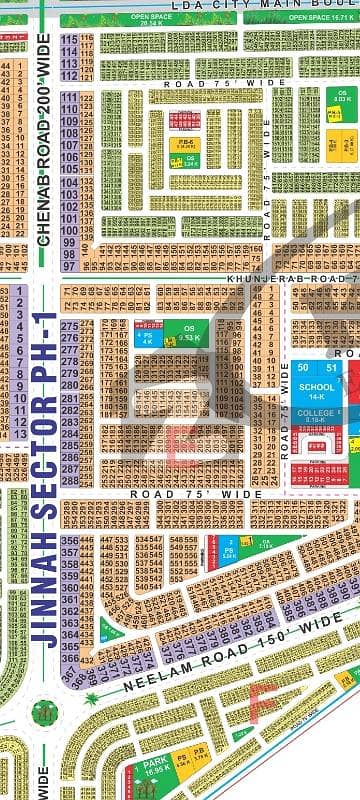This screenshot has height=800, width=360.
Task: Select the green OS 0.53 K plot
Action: coord(186,334)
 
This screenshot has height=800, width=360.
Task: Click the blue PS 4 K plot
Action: coord(144,337)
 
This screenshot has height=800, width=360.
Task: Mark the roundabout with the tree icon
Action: coord(44,713)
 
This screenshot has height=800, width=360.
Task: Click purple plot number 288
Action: coord(69,467)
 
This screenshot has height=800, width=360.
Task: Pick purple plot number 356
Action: coord(69,541)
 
